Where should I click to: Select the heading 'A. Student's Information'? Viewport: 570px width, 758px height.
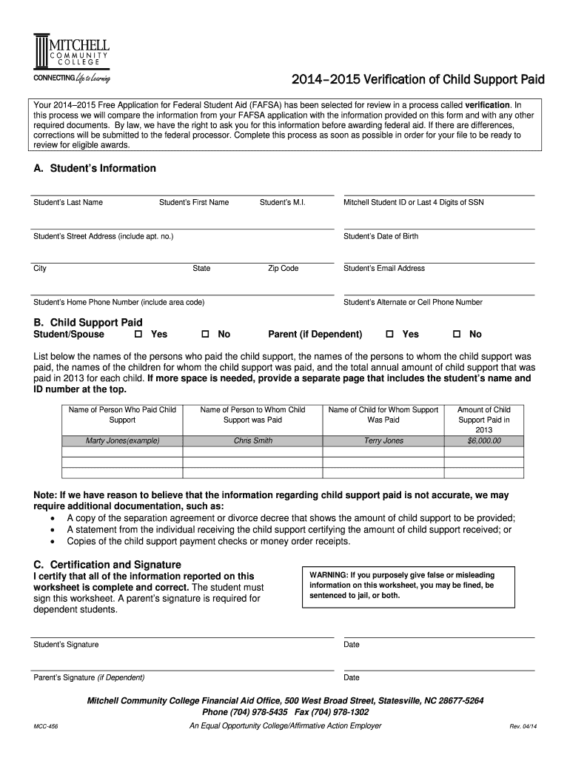coord(95,168)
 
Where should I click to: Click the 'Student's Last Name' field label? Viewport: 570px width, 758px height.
coord(68,202)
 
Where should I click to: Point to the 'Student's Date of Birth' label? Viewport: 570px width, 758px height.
coord(380,236)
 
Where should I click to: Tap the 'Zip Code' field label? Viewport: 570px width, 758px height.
coord(283,268)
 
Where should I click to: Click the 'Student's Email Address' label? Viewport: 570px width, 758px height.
coord(384,268)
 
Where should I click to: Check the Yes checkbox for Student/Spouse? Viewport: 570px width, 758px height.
coord(138,335)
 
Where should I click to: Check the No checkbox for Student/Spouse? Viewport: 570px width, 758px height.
coord(206,335)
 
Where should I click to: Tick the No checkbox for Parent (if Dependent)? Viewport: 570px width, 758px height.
coord(457,335)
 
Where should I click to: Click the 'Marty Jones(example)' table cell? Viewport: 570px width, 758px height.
coord(122,440)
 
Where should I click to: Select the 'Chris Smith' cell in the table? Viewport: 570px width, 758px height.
coord(252,440)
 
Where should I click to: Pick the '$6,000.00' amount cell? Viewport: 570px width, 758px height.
coord(484,440)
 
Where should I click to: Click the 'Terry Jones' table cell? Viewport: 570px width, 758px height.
coord(383,440)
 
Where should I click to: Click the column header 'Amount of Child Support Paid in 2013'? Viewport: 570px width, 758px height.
coord(484,419)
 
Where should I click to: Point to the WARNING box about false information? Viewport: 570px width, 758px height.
coord(418,589)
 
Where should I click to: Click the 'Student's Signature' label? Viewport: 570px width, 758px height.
coord(66,644)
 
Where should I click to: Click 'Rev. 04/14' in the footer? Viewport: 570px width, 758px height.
coord(523,726)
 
